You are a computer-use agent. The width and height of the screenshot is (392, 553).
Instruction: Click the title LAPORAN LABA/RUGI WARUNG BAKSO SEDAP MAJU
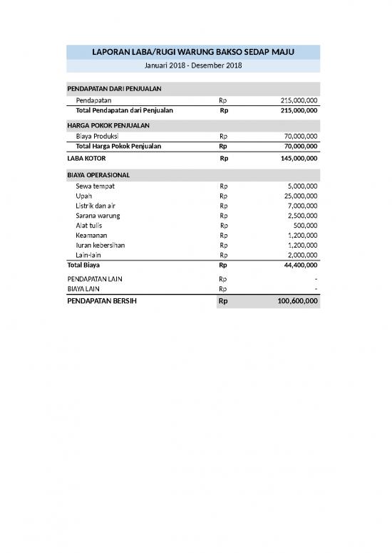pyautogui.click(x=193, y=52)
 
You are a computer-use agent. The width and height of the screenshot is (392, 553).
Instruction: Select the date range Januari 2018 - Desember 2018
pyautogui.click(x=193, y=65)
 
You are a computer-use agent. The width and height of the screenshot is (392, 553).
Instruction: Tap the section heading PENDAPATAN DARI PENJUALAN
pyautogui.click(x=114, y=88)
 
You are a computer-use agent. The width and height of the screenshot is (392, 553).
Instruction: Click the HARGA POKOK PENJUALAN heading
pyautogui.click(x=108, y=125)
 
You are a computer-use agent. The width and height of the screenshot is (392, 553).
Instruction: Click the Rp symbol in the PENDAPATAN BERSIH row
pyautogui.click(x=223, y=302)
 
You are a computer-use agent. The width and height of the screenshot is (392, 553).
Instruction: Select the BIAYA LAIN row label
pyautogui.click(x=83, y=290)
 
